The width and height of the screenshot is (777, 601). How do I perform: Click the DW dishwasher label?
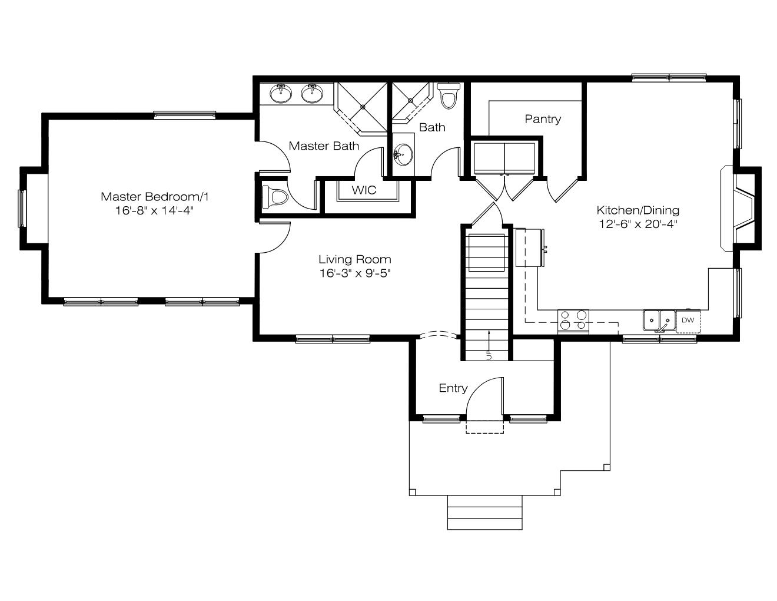pos(688,320)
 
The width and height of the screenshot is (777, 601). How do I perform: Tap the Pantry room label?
pos(543,119)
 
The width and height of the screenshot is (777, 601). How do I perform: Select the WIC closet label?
pos(364,190)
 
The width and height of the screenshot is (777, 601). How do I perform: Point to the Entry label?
pos(453,388)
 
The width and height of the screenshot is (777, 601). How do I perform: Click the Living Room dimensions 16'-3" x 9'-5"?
pos(355,273)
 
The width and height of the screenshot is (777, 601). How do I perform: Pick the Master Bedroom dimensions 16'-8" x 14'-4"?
pos(154,211)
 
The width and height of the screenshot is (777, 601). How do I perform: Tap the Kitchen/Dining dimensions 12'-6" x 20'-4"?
pos(638,224)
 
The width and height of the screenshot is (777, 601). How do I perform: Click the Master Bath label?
pos(324,146)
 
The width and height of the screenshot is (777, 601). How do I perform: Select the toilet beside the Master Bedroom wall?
pos(275,197)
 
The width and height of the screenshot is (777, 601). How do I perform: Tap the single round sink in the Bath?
pos(403,154)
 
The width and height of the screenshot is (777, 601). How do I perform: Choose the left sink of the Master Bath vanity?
pos(281,93)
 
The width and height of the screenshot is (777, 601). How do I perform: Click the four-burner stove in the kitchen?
pos(573,321)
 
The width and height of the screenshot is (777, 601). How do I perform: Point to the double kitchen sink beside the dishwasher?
pos(659,321)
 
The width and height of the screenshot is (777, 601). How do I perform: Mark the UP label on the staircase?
pos(489,355)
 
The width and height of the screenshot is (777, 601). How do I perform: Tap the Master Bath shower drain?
pos(363,107)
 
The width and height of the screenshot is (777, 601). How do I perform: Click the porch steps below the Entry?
pos(485,513)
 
